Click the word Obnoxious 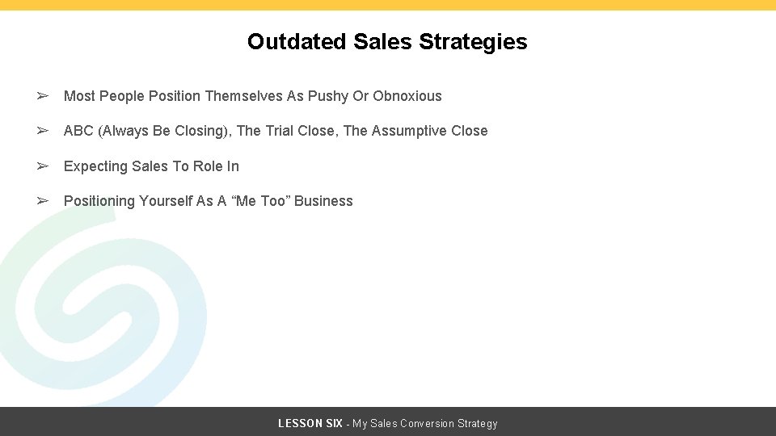(407, 96)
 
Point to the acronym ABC (78, 131)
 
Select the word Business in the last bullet (323, 201)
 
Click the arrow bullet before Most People (43, 96)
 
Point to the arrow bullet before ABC (43, 131)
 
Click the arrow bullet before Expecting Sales (43, 166)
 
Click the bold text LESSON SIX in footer (310, 423)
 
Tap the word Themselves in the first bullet (243, 96)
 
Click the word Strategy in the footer (478, 423)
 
